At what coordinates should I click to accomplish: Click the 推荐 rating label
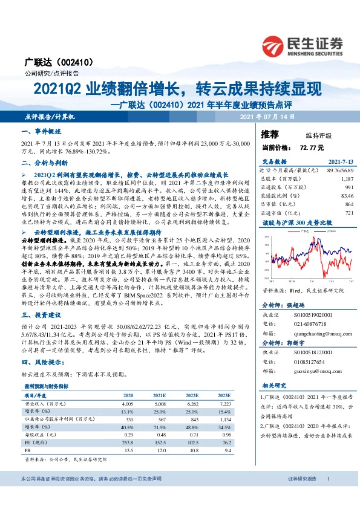[270, 134]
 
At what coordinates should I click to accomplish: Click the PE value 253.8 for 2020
[126, 443]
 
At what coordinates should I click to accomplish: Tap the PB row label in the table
[27, 451]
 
